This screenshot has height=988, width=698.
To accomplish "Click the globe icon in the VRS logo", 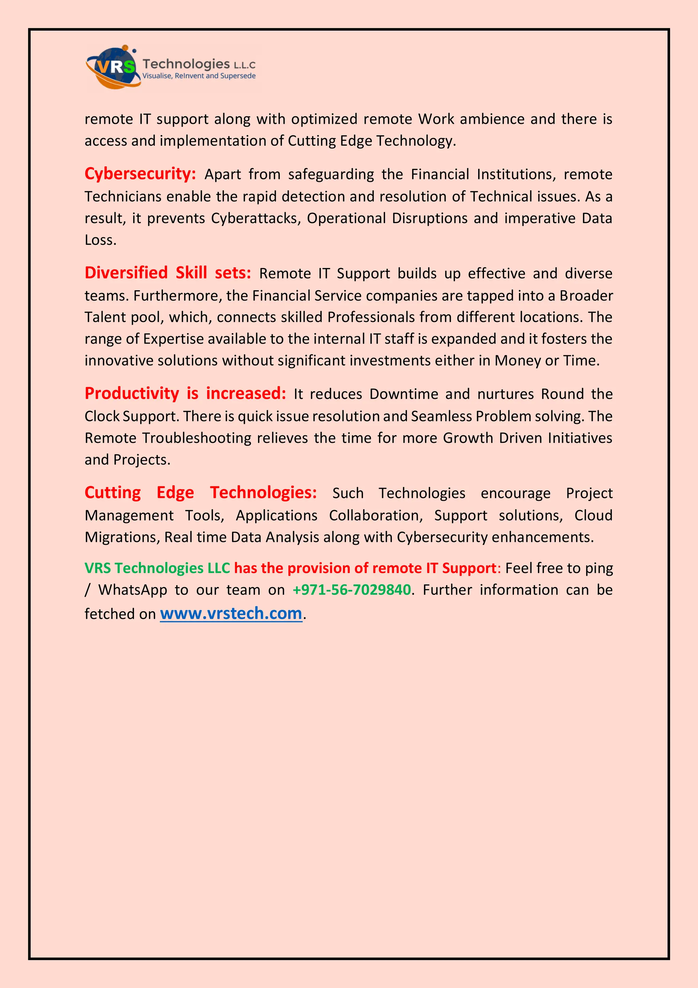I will coord(113,67).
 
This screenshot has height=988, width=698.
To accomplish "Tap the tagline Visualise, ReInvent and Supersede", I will coord(199,76).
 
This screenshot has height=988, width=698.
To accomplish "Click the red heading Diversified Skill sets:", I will coord(168,273).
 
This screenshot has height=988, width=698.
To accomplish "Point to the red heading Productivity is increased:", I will coord(185,393).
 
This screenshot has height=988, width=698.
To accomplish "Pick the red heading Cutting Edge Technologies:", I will coord(200,492).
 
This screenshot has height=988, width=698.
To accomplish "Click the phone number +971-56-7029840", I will coord(351,590).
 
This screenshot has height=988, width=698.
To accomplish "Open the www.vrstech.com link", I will coord(231,613).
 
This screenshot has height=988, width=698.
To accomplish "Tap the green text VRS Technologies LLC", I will coord(157,568).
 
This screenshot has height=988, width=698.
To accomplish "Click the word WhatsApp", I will coord(133,590).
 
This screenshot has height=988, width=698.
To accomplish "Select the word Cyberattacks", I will coord(256,218).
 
